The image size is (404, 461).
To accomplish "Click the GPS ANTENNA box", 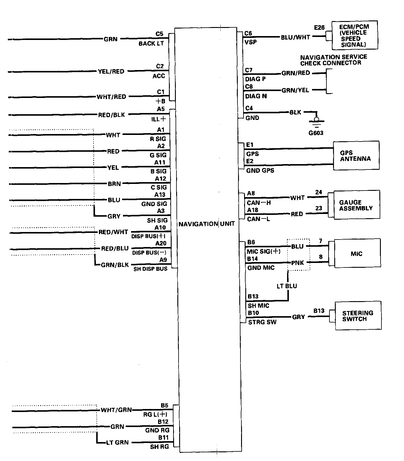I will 356,156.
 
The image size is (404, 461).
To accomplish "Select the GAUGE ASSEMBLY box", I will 356,205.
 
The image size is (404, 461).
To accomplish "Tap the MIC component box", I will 357,254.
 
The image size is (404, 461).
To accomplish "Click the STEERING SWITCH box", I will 357,316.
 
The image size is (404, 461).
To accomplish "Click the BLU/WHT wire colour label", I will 295,37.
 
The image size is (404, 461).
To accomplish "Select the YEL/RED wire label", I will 111,72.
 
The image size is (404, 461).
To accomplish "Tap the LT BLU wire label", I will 287,286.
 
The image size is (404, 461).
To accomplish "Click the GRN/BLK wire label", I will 115,265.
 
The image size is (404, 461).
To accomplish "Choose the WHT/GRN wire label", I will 116,410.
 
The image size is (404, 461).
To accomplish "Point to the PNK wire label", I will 298,263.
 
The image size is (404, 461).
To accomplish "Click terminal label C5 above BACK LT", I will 159,34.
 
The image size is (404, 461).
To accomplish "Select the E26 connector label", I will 319,28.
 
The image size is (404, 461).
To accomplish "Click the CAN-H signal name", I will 259,203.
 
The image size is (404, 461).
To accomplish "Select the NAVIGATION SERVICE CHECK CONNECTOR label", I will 333,60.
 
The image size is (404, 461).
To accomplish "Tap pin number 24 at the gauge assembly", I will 319,192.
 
